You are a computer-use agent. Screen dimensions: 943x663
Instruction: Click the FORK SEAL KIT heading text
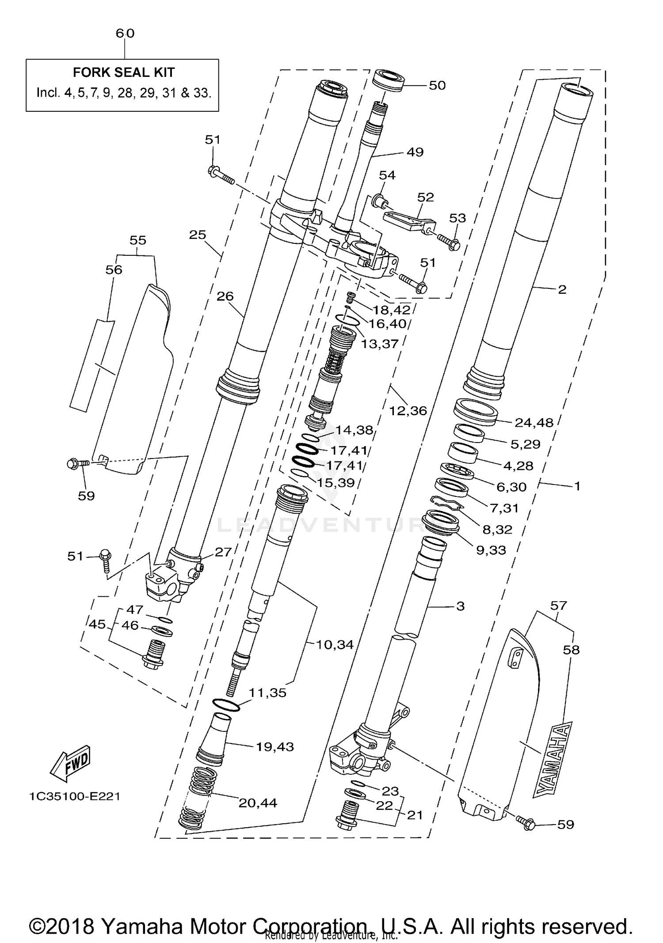click(x=123, y=72)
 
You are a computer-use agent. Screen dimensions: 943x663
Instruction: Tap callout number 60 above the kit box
click(x=125, y=33)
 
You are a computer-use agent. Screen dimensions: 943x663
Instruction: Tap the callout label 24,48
click(x=533, y=423)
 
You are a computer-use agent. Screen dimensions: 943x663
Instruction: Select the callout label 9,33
click(x=491, y=550)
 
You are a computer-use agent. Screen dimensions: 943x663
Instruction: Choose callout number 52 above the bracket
click(x=425, y=197)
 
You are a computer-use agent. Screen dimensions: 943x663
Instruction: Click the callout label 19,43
click(x=275, y=747)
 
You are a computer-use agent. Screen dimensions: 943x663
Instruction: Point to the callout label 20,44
click(x=258, y=803)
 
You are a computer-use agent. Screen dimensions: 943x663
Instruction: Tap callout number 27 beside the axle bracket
click(x=223, y=552)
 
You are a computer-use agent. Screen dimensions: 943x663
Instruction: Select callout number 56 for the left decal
click(x=114, y=269)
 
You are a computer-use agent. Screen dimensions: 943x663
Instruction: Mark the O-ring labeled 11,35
click(x=226, y=704)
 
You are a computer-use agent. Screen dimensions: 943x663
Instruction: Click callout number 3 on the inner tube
click(x=460, y=606)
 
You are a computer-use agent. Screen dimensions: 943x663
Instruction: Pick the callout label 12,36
click(x=408, y=411)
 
